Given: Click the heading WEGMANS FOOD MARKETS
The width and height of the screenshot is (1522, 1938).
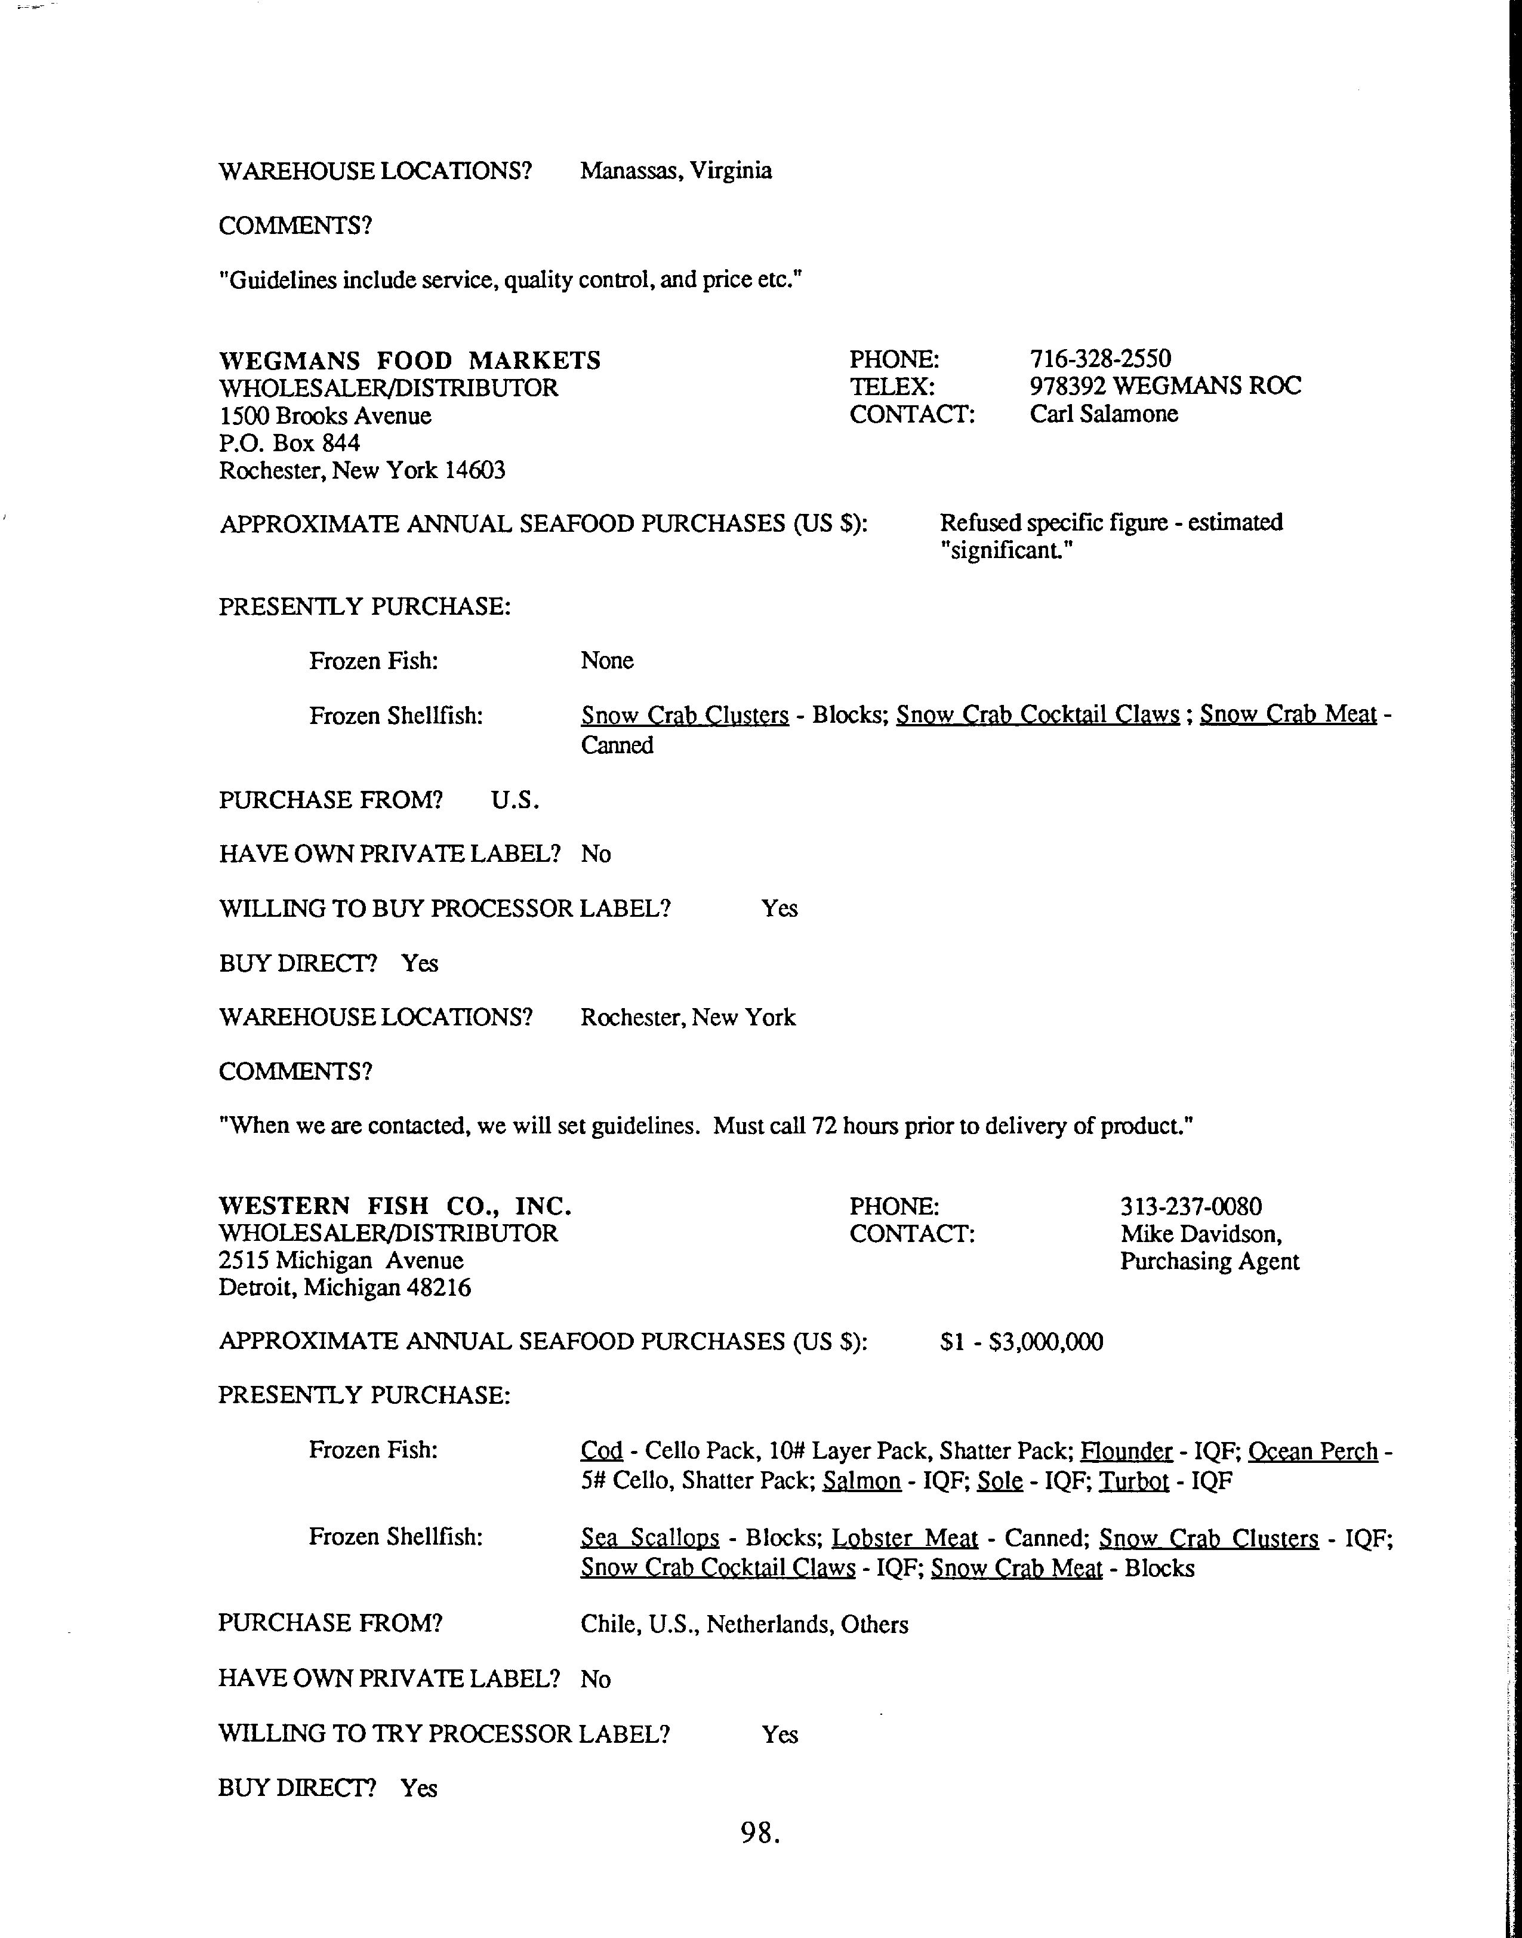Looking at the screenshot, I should (410, 361).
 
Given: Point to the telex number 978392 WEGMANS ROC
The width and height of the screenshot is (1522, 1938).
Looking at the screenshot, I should (1164, 387).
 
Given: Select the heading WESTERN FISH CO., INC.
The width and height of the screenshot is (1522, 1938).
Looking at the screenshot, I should (395, 1206).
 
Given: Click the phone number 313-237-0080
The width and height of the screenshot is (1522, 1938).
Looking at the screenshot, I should (1191, 1207).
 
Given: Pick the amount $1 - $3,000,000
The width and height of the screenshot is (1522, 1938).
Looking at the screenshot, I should (1021, 1342).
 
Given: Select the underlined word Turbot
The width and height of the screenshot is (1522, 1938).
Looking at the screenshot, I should (1133, 1481).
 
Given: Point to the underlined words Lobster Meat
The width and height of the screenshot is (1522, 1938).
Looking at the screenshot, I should (904, 1539).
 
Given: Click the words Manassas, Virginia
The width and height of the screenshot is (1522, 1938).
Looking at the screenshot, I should (676, 171).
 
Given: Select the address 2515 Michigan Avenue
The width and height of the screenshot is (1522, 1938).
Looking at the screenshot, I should (341, 1261).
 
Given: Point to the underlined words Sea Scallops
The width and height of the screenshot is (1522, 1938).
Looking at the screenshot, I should (649, 1539).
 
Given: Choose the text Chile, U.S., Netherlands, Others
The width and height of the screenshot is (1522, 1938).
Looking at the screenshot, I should (744, 1625).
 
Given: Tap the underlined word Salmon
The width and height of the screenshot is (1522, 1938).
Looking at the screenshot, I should (862, 1481).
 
